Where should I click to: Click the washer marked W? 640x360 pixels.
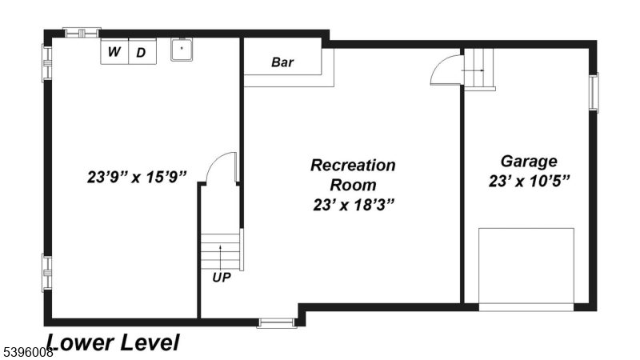tap(114, 53)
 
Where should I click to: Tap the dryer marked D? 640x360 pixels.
tap(141, 53)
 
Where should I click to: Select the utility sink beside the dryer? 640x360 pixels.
tap(182, 50)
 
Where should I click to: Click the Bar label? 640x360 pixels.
tap(282, 62)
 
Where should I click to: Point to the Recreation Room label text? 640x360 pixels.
tap(353, 175)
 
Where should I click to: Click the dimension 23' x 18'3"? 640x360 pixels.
tap(353, 205)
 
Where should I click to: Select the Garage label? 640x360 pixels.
tap(529, 161)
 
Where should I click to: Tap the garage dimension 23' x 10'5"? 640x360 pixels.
tap(529, 181)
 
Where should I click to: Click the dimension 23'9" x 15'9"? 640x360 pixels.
tap(137, 175)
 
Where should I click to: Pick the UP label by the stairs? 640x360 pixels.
tap(222, 278)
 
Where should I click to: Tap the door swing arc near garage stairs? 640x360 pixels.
tap(445, 71)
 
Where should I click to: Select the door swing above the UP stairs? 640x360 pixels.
tap(220, 167)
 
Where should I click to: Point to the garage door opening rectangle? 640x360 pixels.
tap(526, 266)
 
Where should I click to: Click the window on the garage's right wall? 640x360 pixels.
tap(594, 93)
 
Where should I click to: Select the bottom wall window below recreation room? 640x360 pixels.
tap(277, 323)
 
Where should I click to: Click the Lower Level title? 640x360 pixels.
tap(112, 343)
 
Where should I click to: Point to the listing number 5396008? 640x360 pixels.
tap(27, 351)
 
